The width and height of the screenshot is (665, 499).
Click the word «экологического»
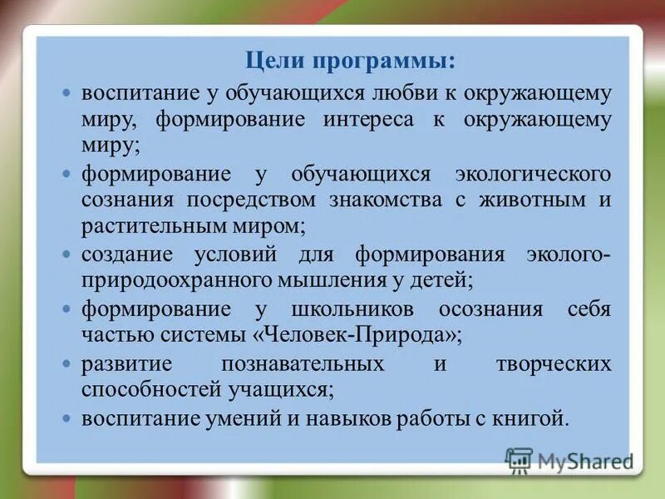(x=533, y=175)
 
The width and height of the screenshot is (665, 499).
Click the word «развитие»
(x=126, y=364)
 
